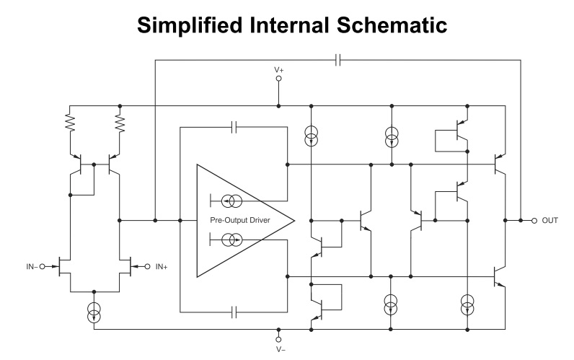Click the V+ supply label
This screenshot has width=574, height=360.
click(x=278, y=70)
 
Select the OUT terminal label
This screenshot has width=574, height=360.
click(x=549, y=220)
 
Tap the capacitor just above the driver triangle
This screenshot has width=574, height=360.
click(x=234, y=128)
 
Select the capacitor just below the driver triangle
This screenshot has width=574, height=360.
click(x=234, y=312)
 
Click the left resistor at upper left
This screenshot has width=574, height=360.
click(x=71, y=124)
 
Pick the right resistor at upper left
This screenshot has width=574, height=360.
click(x=120, y=124)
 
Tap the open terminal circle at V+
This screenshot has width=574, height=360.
click(x=278, y=82)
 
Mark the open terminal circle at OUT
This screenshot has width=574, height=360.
click(x=534, y=220)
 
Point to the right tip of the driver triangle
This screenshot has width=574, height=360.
click(x=296, y=220)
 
